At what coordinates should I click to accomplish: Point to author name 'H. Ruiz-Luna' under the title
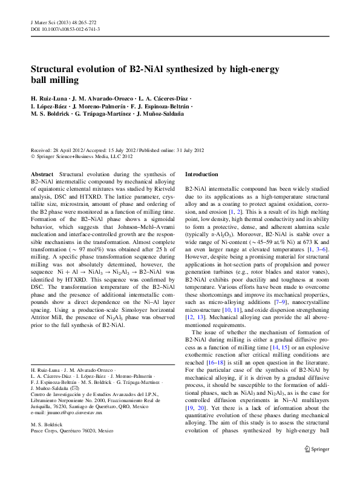pos(49,98)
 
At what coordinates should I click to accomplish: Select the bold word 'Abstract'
pos(42,174)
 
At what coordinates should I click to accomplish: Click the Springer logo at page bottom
pos(316,467)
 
